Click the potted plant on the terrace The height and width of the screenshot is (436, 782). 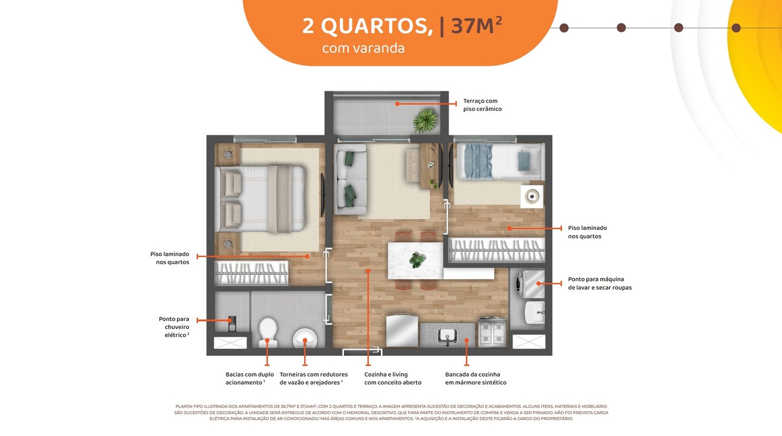pyautogui.click(x=425, y=120)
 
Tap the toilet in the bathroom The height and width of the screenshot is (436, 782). pyautogui.click(x=268, y=332)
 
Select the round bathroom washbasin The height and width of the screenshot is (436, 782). pyautogui.click(x=305, y=338)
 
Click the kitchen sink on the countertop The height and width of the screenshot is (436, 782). pyautogui.click(x=448, y=336)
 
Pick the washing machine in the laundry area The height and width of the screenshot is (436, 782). pyautogui.click(x=530, y=284)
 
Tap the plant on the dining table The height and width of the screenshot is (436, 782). pyautogui.click(x=417, y=260)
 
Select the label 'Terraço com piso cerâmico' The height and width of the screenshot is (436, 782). pyautogui.click(x=482, y=105)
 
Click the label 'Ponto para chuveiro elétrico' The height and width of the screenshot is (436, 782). pyautogui.click(x=174, y=327)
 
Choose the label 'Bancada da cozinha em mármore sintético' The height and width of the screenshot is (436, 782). pyautogui.click(x=476, y=378)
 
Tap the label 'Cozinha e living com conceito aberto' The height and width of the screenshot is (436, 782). pyautogui.click(x=393, y=378)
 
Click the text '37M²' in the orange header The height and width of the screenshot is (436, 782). pyautogui.click(x=477, y=25)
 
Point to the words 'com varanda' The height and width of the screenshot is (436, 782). pyautogui.click(x=363, y=48)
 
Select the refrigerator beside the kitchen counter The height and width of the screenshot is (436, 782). pyautogui.click(x=402, y=331)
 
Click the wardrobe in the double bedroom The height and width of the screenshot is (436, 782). pyautogui.click(x=251, y=273)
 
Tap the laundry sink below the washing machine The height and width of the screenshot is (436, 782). pyautogui.click(x=535, y=312)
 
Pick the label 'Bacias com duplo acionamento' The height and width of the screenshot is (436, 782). pyautogui.click(x=250, y=378)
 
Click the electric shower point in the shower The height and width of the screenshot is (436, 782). pyautogui.click(x=232, y=324)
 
